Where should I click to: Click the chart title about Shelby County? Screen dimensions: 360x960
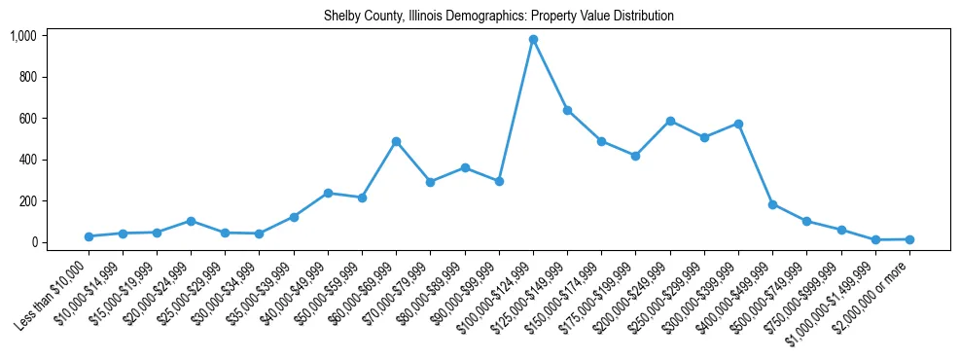498,17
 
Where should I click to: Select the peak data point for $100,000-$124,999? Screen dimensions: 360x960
533,40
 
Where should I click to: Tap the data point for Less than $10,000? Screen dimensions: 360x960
89,236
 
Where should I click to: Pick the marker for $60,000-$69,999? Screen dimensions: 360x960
396,141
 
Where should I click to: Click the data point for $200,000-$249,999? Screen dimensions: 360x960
670,121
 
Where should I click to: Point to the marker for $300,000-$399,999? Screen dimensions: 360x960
738,124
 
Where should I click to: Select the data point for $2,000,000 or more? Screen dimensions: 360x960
909,239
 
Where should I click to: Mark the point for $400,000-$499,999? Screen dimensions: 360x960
772,204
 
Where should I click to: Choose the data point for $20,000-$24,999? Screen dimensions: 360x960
191,221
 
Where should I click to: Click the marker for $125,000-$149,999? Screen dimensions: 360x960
567,110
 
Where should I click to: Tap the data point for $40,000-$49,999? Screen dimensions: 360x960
328,193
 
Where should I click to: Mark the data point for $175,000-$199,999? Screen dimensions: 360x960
635,156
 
